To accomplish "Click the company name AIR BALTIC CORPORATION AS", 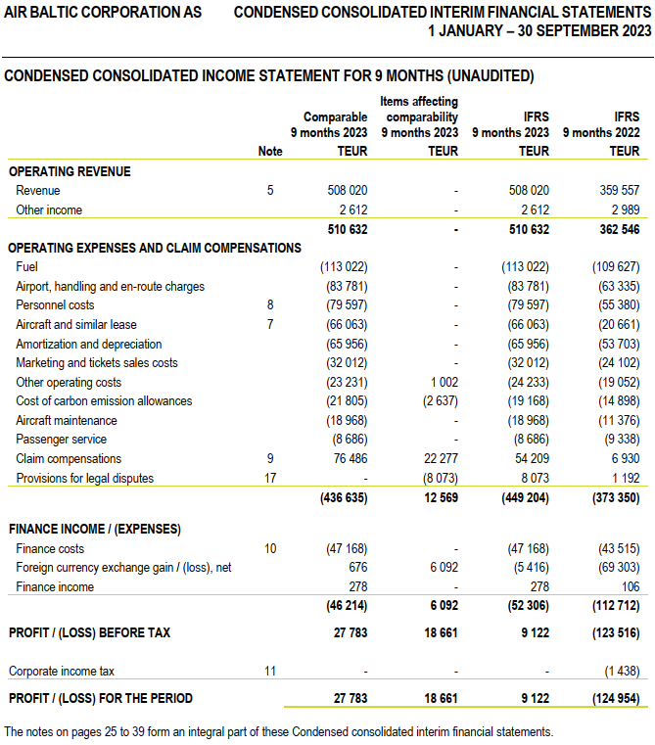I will click(x=103, y=12).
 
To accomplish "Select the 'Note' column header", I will click(x=270, y=152).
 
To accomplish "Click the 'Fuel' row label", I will click(x=28, y=267).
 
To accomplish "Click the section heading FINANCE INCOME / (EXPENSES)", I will click(x=94, y=529).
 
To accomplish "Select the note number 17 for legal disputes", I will click(x=270, y=478).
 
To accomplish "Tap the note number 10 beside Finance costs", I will click(x=270, y=549).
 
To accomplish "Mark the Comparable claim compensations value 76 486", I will click(x=347, y=458).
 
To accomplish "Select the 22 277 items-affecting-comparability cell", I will click(x=438, y=458).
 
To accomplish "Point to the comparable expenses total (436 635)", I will click(x=343, y=497).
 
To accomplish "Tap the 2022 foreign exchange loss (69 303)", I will click(x=616, y=568).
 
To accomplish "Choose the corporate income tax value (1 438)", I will click(x=619, y=672).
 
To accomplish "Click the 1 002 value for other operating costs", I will click(x=442, y=382).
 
